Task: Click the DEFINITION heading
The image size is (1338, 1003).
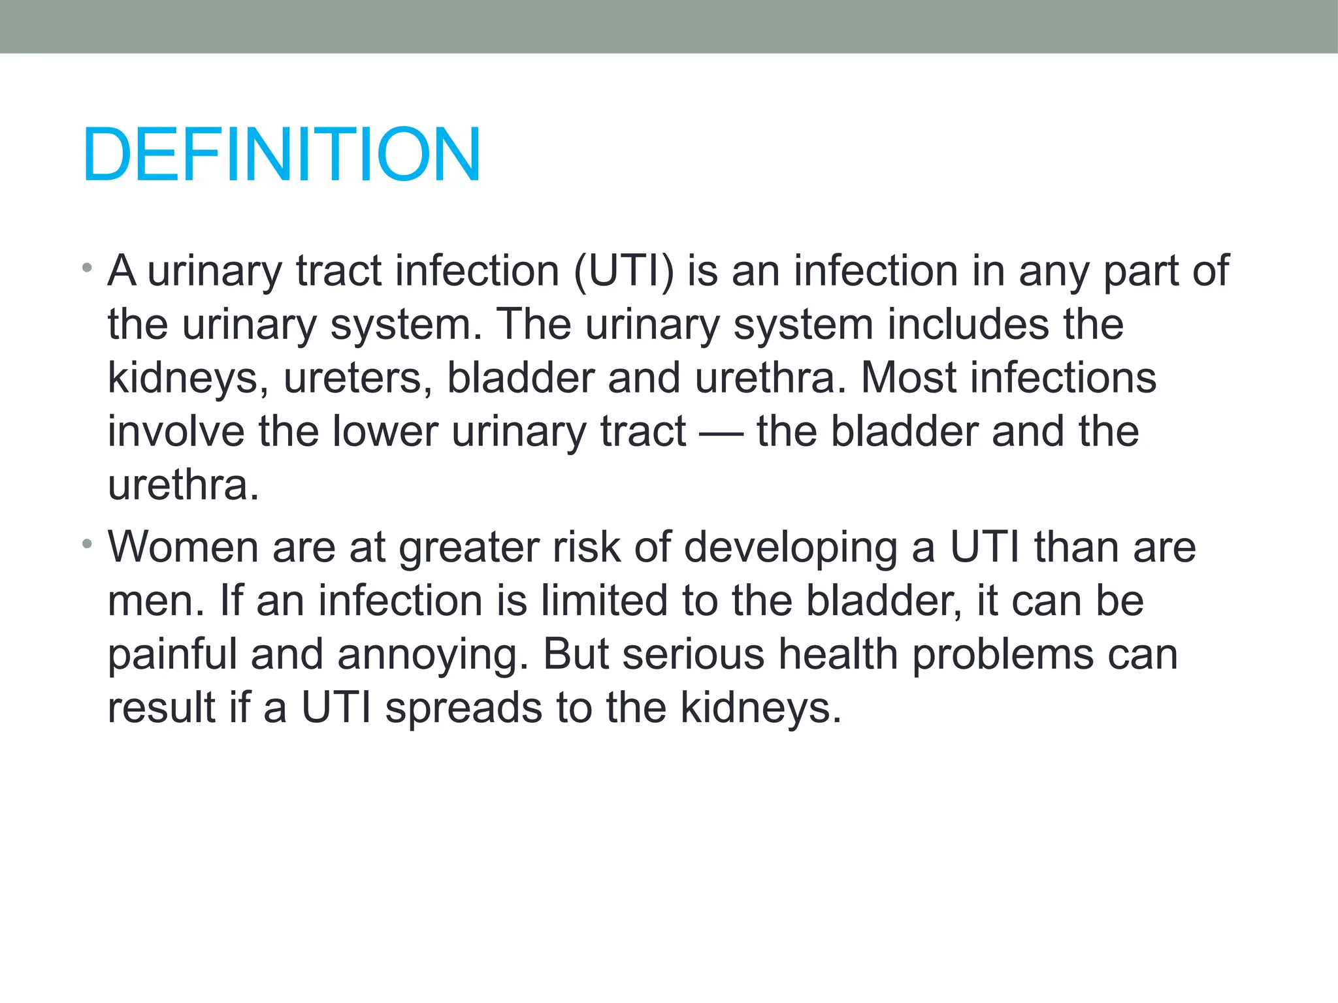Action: pyautogui.click(x=281, y=155)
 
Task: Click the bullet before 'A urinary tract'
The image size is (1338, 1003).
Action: pyautogui.click(x=87, y=268)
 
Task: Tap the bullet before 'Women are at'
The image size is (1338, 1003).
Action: pyautogui.click(x=87, y=543)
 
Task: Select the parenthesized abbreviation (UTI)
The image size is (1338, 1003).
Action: pyautogui.click(x=623, y=271)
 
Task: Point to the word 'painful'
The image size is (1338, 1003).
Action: pyautogui.click(x=172, y=655)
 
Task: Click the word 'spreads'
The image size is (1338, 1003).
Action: pyautogui.click(x=463, y=708)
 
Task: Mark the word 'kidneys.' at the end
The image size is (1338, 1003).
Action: pyautogui.click(x=761, y=708)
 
